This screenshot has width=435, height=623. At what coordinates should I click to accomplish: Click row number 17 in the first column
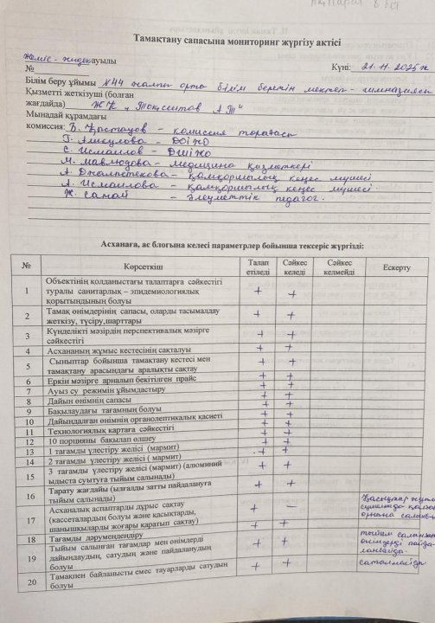pyautogui.click(x=31, y=521)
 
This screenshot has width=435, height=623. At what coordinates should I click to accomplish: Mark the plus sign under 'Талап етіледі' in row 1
pyautogui.click(x=258, y=291)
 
